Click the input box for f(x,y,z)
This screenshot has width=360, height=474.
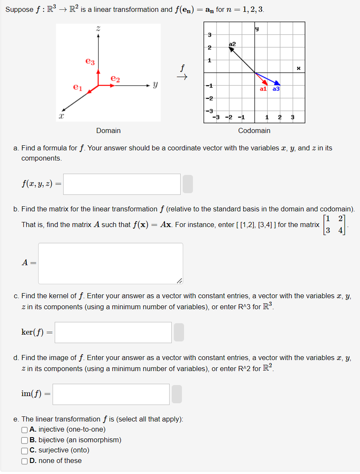(122, 184)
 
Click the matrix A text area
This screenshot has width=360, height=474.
(110, 263)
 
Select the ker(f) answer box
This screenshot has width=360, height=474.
(113, 333)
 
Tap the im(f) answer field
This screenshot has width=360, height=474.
(111, 394)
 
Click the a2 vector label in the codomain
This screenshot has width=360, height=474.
(232, 44)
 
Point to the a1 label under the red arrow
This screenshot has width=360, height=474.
(263, 89)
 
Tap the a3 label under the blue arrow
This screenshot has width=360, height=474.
(276, 89)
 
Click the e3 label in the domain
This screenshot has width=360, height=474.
(90, 62)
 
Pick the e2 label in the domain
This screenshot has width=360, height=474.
(115, 79)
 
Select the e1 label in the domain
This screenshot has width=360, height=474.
(77, 88)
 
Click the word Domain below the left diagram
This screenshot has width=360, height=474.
(108, 130)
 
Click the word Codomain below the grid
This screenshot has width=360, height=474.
(254, 130)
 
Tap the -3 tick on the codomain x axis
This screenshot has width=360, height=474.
(215, 117)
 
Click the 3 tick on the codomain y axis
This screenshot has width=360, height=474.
(209, 34)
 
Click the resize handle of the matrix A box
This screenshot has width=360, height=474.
(180, 280)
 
